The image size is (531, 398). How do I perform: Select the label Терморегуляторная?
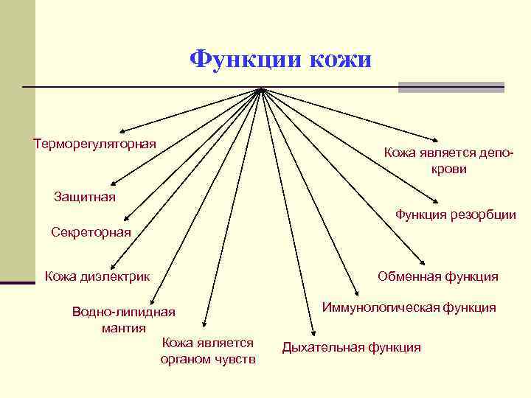95,142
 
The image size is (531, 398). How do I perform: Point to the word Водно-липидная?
123,312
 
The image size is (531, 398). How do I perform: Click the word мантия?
123,327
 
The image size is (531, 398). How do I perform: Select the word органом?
185,359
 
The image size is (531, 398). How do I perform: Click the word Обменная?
409,276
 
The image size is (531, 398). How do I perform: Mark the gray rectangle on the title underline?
451,87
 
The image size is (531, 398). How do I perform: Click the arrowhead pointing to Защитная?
113,185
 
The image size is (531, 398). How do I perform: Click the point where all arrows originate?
261,89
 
